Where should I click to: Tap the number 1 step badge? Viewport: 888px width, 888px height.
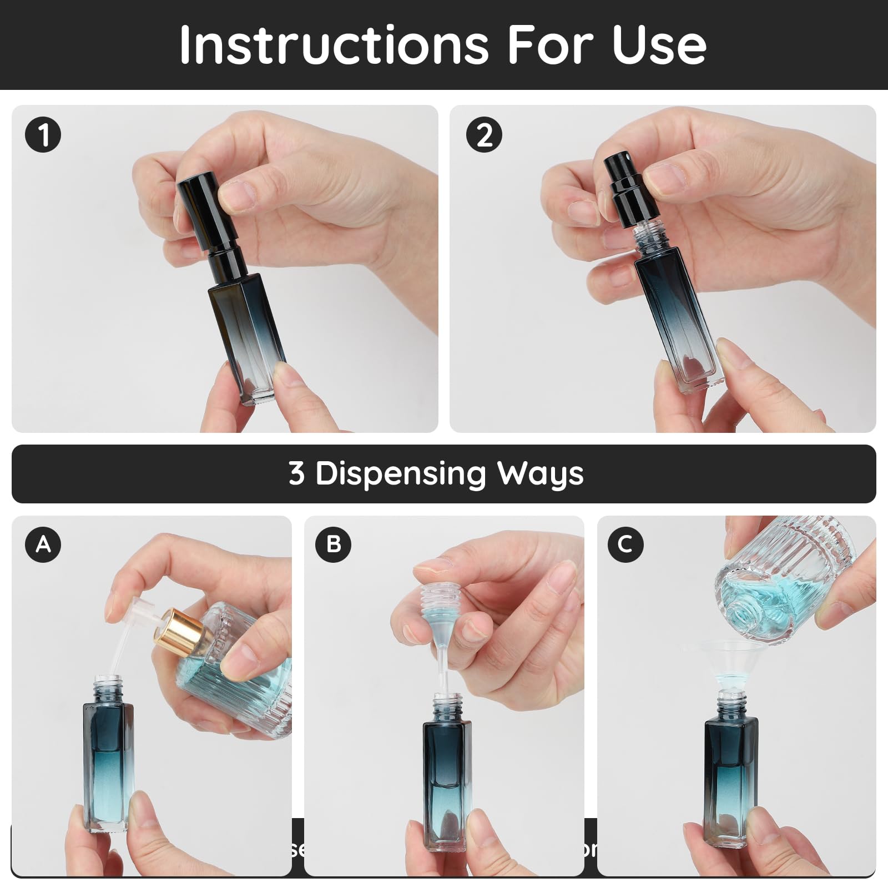point(43,135)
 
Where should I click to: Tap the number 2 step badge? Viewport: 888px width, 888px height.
point(484,135)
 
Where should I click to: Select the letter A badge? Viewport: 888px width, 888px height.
point(43,544)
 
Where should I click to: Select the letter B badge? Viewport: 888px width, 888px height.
point(334,544)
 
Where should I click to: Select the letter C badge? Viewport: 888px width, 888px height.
point(625,544)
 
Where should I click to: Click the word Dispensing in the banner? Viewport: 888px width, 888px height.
point(400,474)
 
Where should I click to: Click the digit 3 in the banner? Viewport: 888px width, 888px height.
point(296,474)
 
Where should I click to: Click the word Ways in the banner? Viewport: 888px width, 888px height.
point(540,474)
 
